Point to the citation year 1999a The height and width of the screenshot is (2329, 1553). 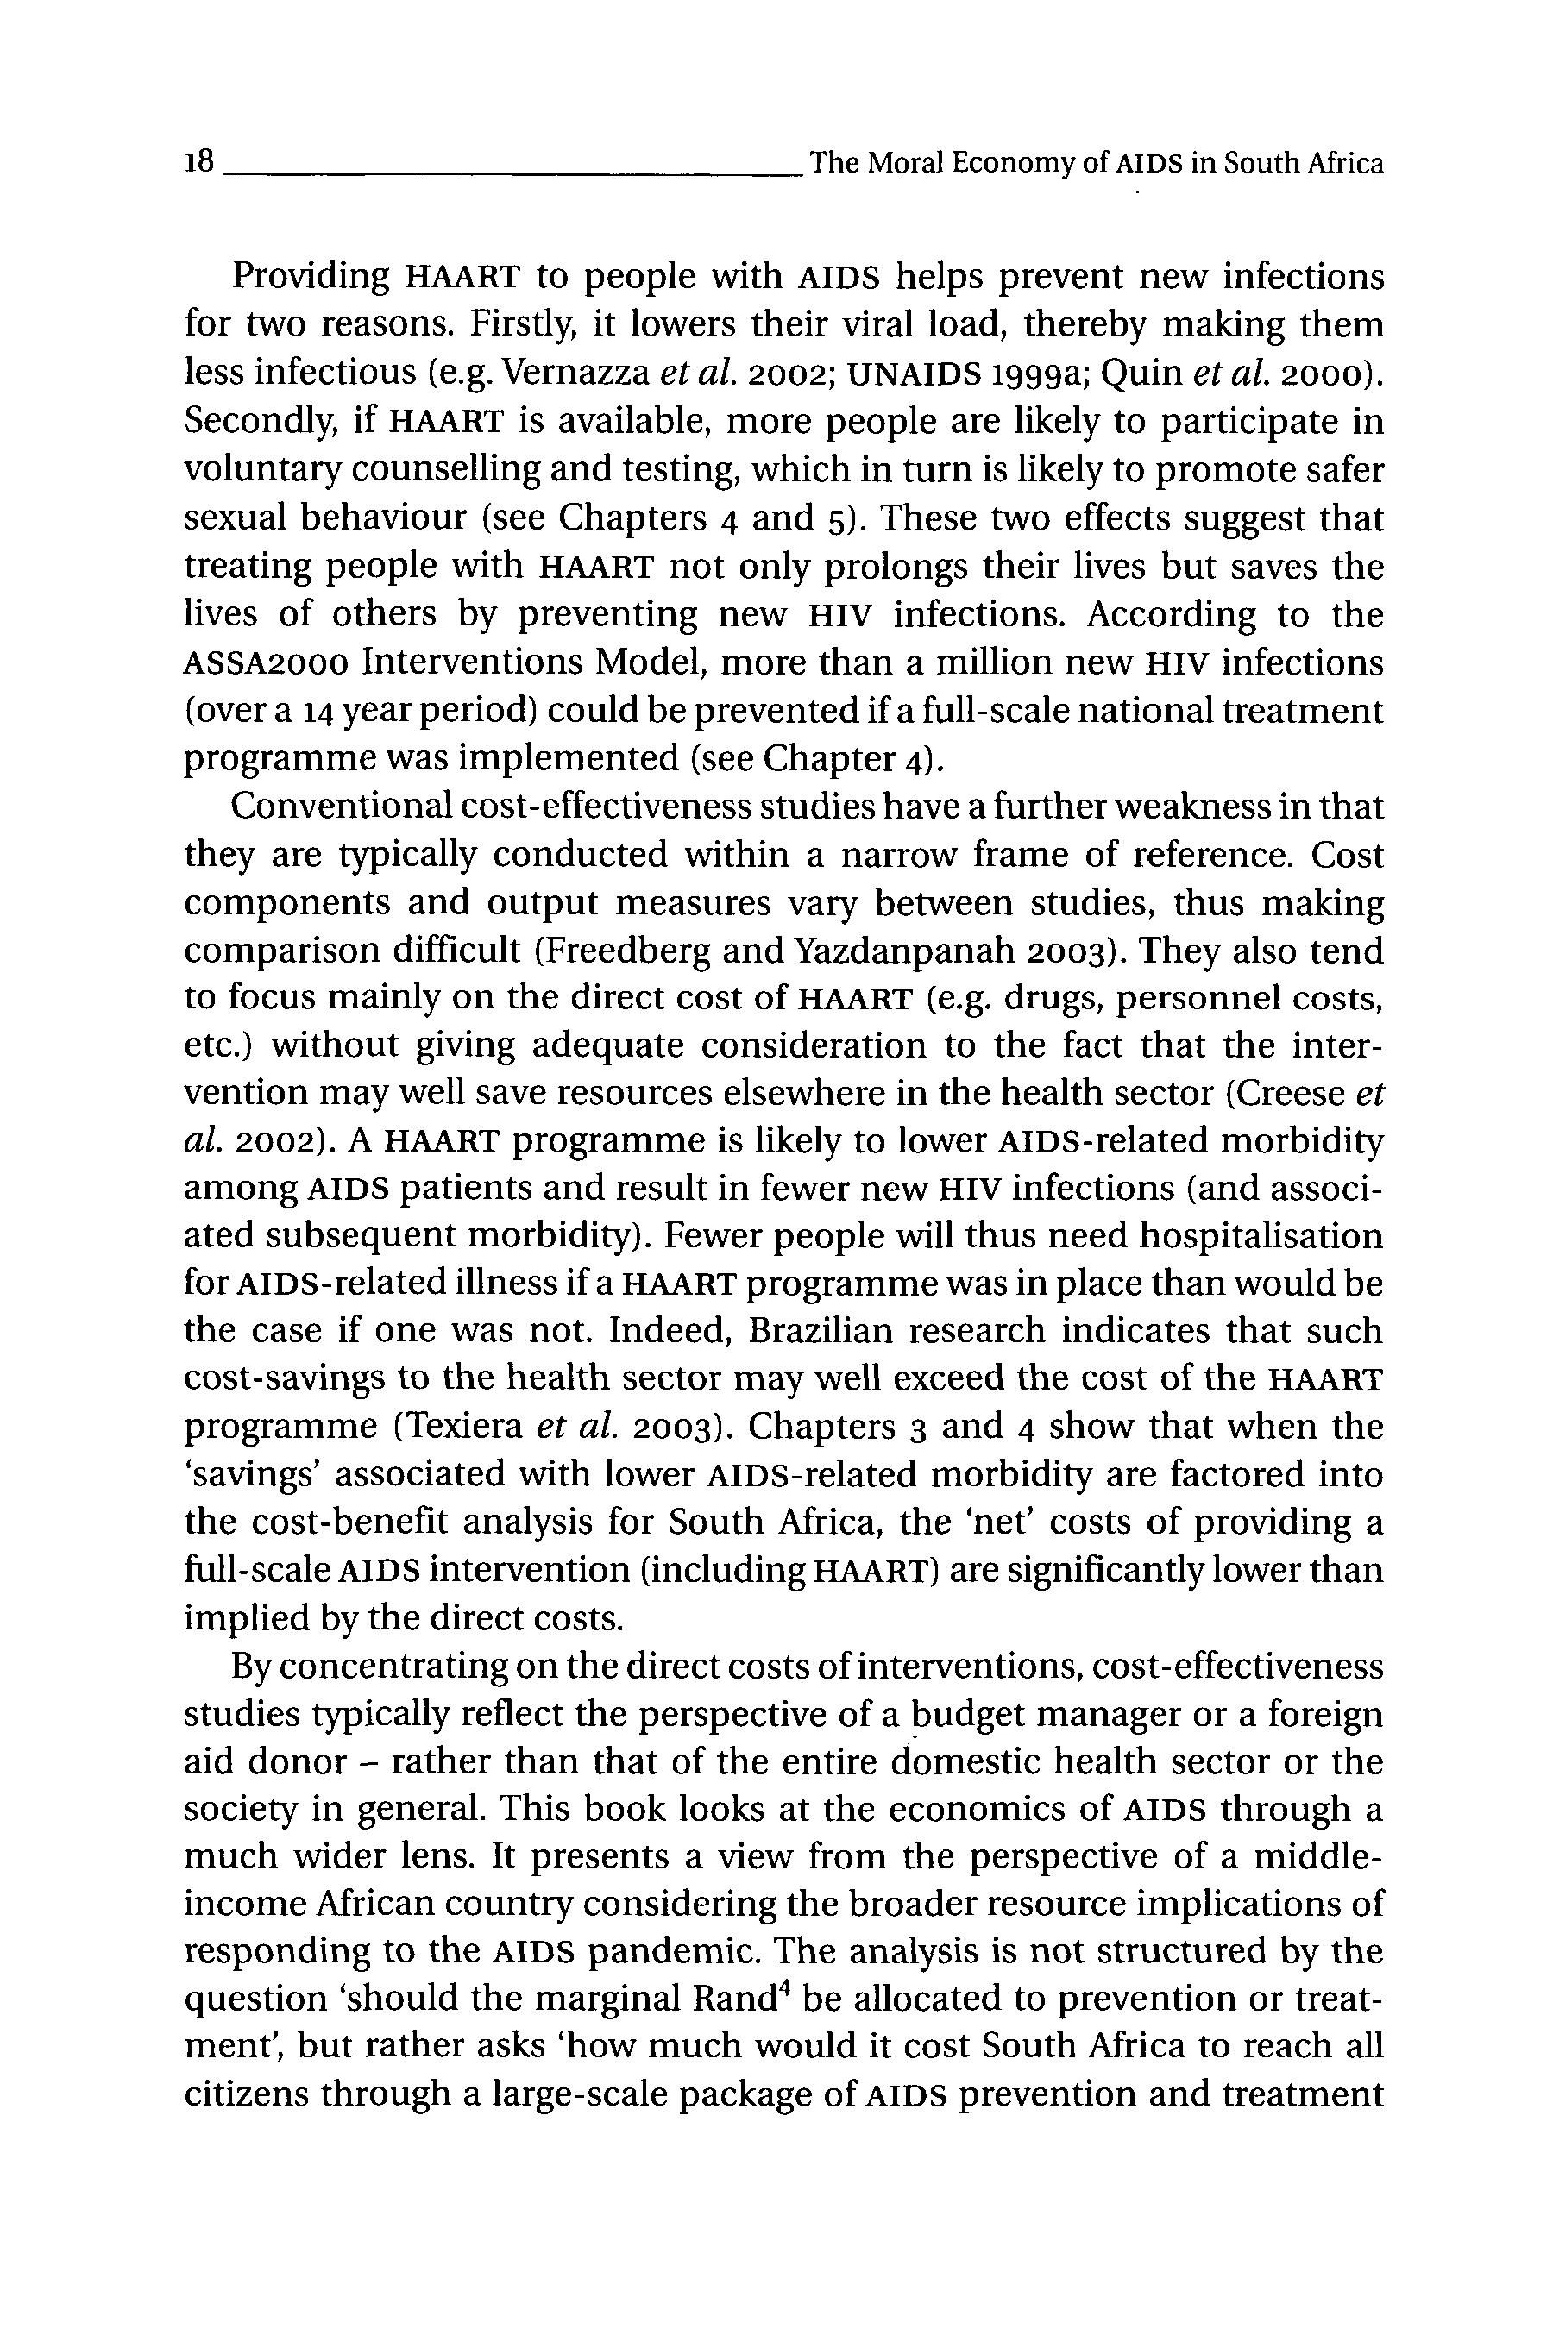1033,373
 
